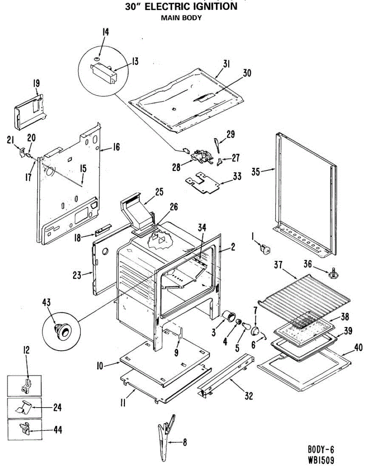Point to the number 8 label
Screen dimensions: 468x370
pos(185,443)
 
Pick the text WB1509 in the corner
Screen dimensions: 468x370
pos(319,460)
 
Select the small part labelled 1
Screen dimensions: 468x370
pos(265,249)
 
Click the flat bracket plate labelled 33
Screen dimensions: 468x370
pos(203,183)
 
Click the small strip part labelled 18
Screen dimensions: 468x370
pos(102,231)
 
